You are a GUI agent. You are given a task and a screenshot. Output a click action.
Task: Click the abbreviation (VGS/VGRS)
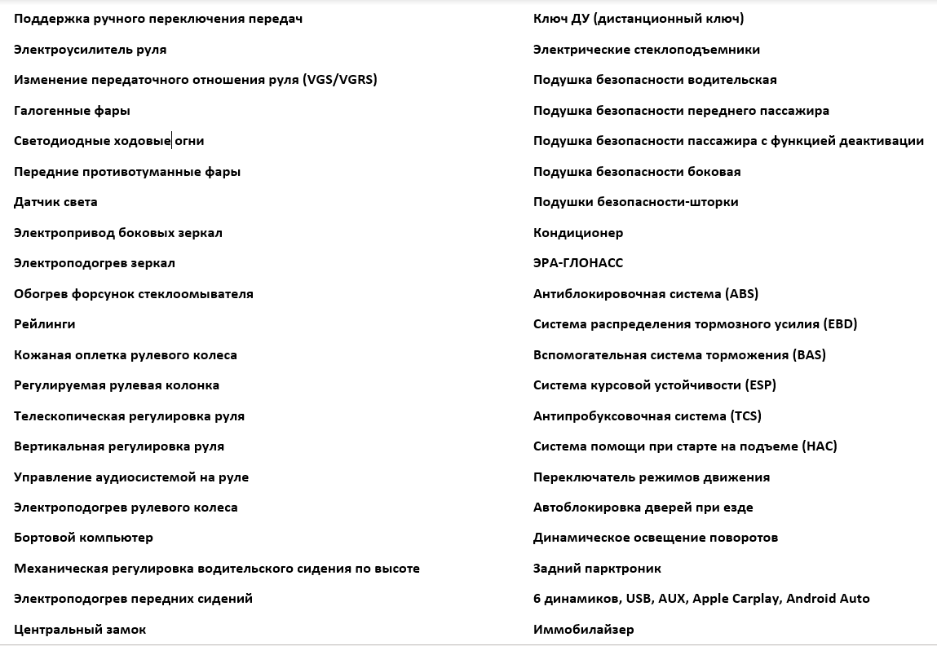pyautogui.click(x=339, y=80)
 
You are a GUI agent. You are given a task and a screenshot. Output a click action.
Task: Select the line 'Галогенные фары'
pyautogui.click(x=72, y=111)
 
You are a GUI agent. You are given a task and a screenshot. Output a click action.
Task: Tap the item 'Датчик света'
pyautogui.click(x=55, y=202)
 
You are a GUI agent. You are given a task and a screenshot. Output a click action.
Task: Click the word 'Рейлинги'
pyautogui.click(x=45, y=324)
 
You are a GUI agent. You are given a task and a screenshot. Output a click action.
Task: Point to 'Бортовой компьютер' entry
pyautogui.click(x=83, y=538)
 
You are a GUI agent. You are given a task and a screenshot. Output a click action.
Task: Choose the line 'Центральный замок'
pyautogui.click(x=80, y=630)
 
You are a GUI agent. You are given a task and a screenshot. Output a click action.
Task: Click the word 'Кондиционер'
pyautogui.click(x=578, y=233)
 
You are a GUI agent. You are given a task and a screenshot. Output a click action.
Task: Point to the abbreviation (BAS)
pyautogui.click(x=809, y=355)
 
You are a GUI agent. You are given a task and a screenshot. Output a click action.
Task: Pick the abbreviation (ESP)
pyautogui.click(x=760, y=385)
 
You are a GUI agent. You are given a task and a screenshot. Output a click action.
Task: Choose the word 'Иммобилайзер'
pyautogui.click(x=583, y=630)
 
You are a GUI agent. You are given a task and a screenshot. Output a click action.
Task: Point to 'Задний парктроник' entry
pyautogui.click(x=597, y=569)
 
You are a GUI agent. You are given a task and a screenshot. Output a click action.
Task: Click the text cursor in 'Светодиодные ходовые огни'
pyautogui.click(x=171, y=141)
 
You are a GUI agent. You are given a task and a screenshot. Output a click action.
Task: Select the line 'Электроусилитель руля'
pyautogui.click(x=90, y=50)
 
